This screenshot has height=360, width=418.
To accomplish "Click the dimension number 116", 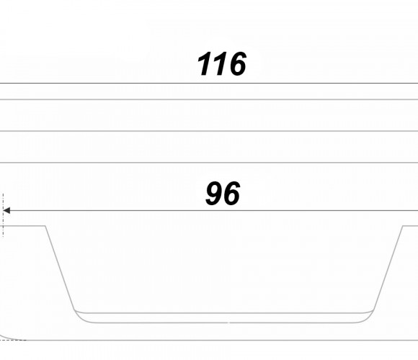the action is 222,63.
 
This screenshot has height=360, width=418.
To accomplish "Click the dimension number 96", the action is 223,193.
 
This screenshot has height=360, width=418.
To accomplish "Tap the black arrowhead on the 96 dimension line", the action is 6,210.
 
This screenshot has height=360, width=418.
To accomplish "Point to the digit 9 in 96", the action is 214,193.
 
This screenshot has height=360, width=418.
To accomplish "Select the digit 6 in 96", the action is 231,193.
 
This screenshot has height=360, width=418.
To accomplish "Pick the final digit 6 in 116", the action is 237,63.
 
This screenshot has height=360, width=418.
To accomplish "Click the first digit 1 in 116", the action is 204,63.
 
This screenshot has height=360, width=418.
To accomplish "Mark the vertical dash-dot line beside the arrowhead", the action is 3,215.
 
